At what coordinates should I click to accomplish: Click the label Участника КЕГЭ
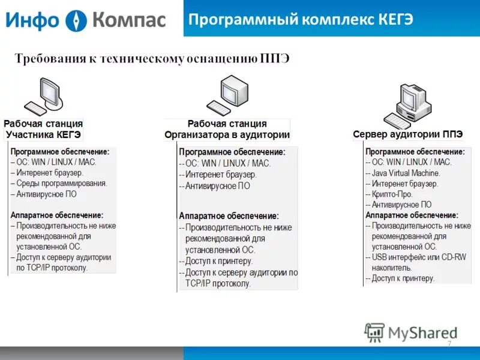pyautogui.click(x=43, y=134)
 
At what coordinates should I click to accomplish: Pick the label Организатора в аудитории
pyautogui.click(x=227, y=134)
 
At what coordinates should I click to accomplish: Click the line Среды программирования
pyautogui.click(x=61, y=184)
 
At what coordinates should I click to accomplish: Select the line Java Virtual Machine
pyautogui.click(x=406, y=173)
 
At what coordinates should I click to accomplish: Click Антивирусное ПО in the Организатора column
pyautogui.click(x=217, y=186)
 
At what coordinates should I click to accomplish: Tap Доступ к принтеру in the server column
pyautogui.click(x=403, y=278)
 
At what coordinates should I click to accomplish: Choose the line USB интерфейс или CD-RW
pyautogui.click(x=416, y=257)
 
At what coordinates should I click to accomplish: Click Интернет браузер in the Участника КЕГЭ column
pyautogui.click(x=49, y=173)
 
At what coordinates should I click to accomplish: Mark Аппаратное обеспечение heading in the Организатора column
pyautogui.click(x=229, y=216)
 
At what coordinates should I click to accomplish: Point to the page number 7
pyautogui.click(x=449, y=343)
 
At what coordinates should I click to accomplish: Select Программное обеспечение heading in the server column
pyautogui.click(x=415, y=152)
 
